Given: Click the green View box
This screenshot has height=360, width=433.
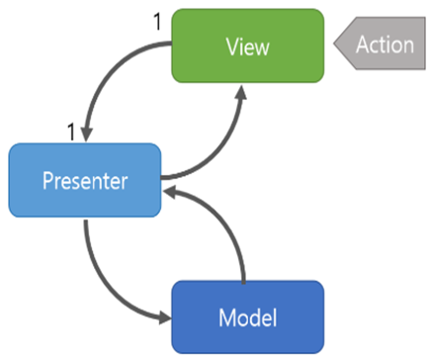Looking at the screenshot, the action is click(248, 45).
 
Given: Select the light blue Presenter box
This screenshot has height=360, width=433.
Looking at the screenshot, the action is click(85, 180).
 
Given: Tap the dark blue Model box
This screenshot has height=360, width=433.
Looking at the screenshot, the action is click(248, 317).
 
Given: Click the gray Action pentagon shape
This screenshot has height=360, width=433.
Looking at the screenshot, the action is click(380, 44).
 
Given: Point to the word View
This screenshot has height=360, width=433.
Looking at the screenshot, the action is click(248, 46).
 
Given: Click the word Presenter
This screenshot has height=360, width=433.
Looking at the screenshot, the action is click(85, 181).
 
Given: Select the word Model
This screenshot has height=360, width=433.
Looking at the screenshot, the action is click(248, 317).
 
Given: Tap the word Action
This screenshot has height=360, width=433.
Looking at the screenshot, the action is click(385, 45).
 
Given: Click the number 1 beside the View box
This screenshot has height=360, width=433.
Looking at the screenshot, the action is click(158, 22).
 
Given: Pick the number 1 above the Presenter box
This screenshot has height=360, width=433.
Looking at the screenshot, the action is click(71, 132).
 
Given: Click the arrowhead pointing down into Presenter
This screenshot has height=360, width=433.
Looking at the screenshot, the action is click(87, 135).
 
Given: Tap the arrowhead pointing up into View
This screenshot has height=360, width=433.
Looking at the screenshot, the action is click(241, 92).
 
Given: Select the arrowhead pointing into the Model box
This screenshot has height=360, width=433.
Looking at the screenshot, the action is click(165, 317).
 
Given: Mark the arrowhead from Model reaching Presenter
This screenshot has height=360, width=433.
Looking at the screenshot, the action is click(171, 192).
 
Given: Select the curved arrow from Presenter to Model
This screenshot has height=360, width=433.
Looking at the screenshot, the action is click(105, 290).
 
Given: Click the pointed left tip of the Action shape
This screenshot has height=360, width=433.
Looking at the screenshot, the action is click(334, 44).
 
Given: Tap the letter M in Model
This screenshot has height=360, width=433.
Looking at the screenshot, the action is click(226, 317).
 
